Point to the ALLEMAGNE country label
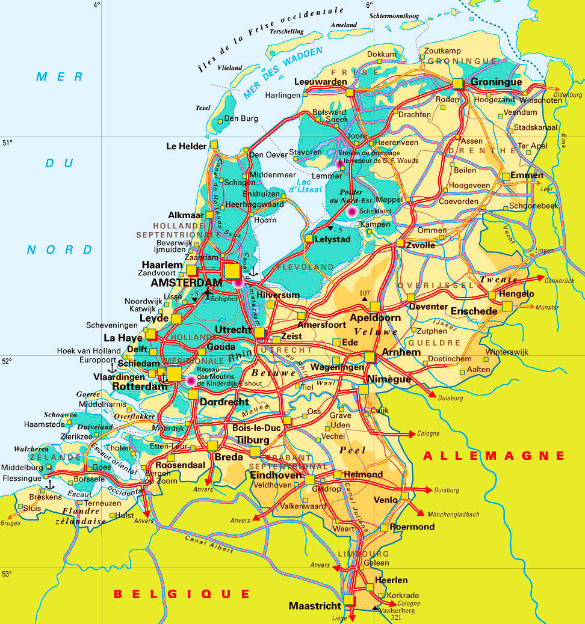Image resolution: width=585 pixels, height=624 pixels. coord(494,456)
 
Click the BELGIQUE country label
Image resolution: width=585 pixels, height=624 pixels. coord(182,594)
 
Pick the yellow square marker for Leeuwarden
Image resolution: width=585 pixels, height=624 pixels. coord(350,93)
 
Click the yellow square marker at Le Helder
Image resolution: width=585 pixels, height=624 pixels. coord(214,145)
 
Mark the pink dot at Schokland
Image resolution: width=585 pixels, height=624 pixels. coord(351,211)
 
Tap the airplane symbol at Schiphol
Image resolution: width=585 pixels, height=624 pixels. coord(208,294)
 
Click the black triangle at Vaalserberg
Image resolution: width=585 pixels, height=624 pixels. coord(376,608)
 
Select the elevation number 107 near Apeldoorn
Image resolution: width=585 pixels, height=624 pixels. coord(364,293)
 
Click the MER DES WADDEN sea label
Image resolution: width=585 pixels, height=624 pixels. coord(283,73)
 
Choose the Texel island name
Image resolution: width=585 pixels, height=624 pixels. coord(203,108)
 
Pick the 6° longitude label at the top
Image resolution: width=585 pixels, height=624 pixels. coord(369,5)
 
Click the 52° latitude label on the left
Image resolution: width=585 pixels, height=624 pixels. coord(7,361)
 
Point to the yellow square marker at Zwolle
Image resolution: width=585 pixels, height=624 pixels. coord(401,243)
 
